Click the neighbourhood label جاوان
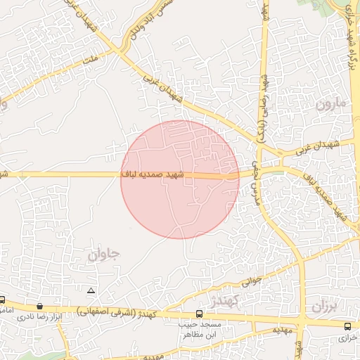pos(104,254)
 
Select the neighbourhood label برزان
pos(324,306)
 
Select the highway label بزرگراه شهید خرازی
pos(349,42)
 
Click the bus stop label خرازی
pos(348,337)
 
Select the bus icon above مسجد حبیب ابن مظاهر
pos(199,314)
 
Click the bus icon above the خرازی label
pos(348,326)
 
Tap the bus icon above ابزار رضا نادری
pos(39,306)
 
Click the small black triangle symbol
pos(90,290)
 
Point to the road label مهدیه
pos(282,330)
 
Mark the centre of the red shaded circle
pos(180,179)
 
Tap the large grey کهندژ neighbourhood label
pos(225,301)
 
